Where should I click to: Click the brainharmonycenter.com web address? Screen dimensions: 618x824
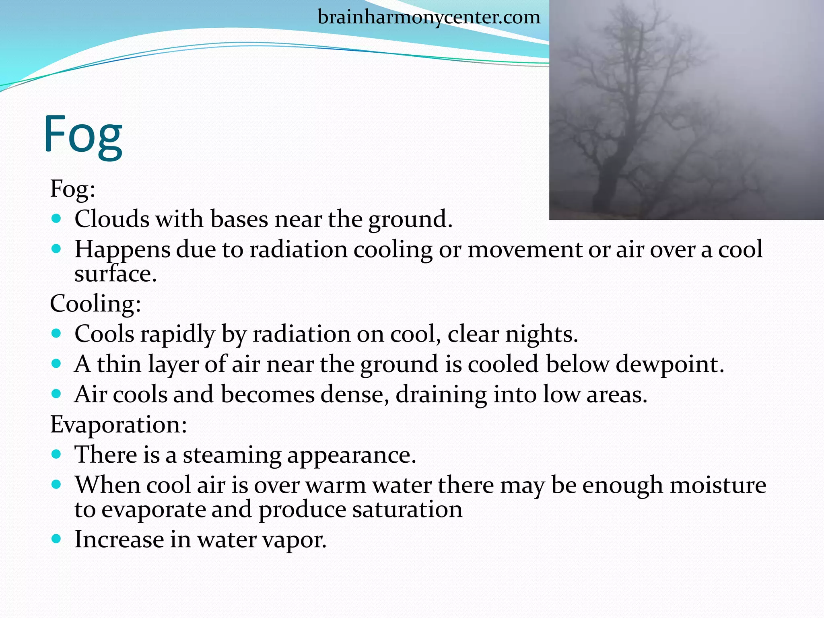429,18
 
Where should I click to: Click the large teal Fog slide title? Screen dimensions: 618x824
83,134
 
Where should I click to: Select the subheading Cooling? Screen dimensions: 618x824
95,303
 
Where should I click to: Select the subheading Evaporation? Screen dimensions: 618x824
118,424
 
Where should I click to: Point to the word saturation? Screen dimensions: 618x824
407,509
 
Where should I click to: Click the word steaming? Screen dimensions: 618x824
232,455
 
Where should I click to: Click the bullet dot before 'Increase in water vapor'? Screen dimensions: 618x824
56,538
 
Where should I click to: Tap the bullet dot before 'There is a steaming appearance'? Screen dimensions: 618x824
56,454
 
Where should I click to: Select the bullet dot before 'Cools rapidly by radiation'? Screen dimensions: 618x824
56,333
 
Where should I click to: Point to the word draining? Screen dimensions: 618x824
441,395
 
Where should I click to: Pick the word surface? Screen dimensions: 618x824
115,274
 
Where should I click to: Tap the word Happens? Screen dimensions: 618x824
122,250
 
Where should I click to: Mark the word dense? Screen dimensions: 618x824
355,394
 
